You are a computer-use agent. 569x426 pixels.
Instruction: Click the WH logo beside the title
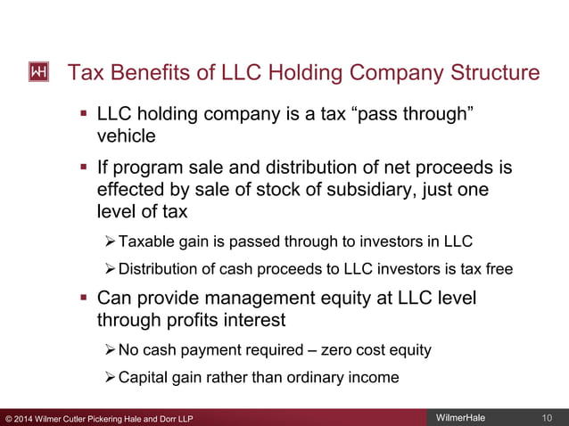pyautogui.click(x=39, y=72)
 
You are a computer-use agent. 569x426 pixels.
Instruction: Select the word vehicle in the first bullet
pyautogui.click(x=126, y=136)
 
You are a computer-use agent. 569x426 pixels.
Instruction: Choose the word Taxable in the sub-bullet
pyautogui.click(x=144, y=242)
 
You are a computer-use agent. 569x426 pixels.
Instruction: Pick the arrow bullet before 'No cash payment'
pyautogui.click(x=110, y=350)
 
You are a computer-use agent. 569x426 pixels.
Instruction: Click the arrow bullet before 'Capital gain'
pyautogui.click(x=110, y=378)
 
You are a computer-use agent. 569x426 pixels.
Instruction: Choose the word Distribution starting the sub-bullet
pyautogui.click(x=160, y=269)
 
